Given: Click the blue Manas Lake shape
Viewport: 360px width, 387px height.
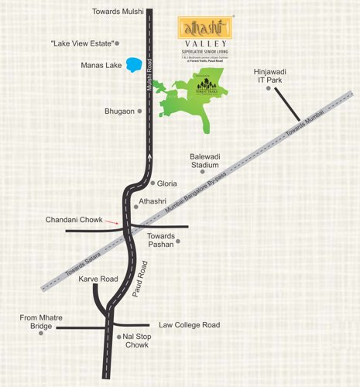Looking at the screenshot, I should tap(136, 63).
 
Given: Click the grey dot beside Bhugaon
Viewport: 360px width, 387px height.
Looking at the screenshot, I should tap(140, 111).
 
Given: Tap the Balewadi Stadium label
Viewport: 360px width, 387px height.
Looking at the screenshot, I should tap(205, 160).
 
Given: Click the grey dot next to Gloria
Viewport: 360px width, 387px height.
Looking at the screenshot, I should tap(152, 183).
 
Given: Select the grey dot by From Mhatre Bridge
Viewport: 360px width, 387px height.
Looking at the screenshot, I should tap(51, 327).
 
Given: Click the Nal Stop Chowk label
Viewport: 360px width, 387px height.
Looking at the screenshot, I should tap(137, 341).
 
